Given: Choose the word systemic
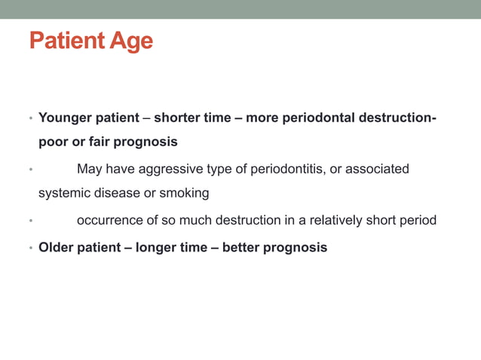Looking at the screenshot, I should [63, 193].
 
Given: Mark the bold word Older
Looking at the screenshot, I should [56, 247].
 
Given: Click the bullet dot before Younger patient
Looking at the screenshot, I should [30, 119].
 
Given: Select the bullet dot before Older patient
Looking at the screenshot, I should [30, 248].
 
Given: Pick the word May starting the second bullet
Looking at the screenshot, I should [90, 169].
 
